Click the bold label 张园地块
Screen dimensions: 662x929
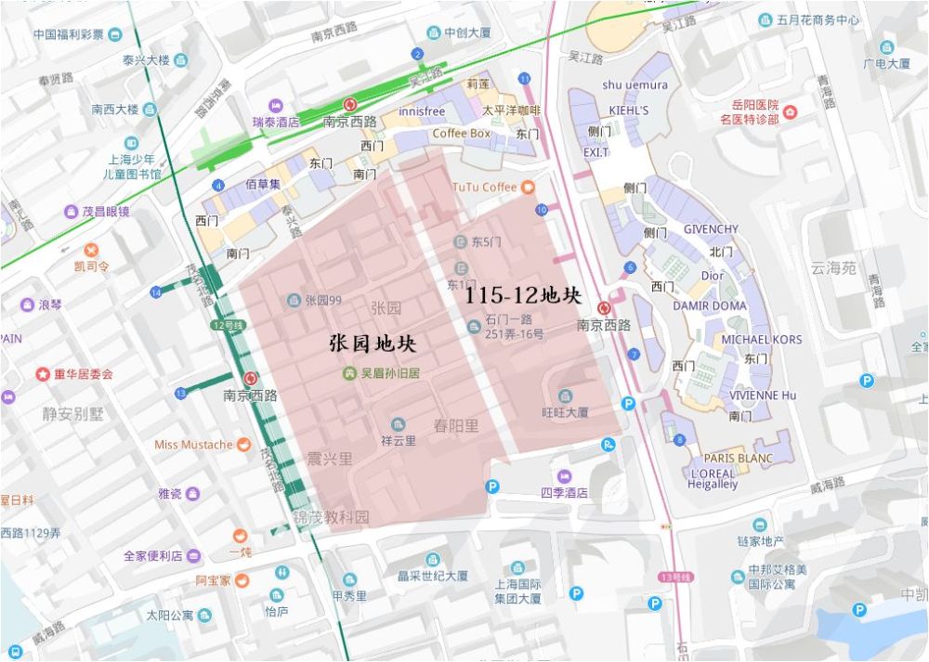point(373,344)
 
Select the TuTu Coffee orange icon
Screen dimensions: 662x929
point(528,188)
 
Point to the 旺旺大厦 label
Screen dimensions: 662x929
point(565,411)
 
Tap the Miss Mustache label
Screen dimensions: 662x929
point(193,445)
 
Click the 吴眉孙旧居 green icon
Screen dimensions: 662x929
point(349,373)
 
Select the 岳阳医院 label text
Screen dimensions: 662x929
point(749,105)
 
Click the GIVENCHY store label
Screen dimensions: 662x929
point(711,229)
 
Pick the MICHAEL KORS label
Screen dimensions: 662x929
point(761,340)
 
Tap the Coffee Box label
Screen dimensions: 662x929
point(461,134)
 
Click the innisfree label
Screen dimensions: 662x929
point(422,111)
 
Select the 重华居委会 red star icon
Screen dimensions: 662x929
point(43,374)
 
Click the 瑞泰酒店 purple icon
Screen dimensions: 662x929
point(275,106)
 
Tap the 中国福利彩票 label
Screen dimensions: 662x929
point(68,35)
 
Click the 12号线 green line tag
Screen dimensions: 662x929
point(227,325)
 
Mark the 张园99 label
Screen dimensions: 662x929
point(323,300)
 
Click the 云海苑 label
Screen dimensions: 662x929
point(832,268)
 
